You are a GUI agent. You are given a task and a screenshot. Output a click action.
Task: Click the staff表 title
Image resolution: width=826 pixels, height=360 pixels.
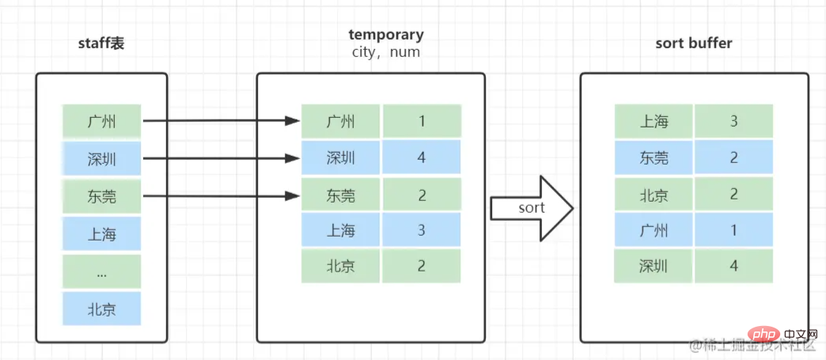pos(101,44)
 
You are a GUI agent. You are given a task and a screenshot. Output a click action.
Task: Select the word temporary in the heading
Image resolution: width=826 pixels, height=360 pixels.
pos(386,36)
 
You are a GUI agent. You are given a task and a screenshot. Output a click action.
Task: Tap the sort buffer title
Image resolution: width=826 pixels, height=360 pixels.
pos(694,44)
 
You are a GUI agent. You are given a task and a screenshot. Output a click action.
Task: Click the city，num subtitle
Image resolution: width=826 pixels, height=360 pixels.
pos(386,52)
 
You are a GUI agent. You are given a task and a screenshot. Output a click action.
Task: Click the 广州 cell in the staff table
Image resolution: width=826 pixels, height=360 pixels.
pos(102,122)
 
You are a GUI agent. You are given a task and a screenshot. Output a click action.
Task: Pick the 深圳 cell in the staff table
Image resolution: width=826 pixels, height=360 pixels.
pos(102,159)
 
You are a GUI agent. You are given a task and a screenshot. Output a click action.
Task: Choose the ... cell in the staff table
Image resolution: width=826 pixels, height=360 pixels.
pos(102,272)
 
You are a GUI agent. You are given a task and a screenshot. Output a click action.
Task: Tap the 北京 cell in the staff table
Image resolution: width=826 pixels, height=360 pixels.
pos(102,309)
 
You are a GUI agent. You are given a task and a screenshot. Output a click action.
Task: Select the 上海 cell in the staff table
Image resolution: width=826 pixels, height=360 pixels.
pos(102,233)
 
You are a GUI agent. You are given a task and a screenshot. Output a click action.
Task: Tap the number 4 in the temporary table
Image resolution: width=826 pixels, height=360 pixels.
pos(422,157)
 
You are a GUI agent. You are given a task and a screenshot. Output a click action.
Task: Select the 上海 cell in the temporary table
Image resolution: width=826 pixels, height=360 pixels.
pos(340,229)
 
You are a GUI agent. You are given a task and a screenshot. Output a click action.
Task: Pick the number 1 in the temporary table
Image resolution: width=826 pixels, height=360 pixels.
pos(422,122)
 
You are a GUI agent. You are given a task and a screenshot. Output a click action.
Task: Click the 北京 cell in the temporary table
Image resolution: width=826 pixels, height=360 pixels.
pos(340,266)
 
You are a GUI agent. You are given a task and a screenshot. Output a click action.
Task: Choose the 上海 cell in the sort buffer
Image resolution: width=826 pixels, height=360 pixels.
pos(654,122)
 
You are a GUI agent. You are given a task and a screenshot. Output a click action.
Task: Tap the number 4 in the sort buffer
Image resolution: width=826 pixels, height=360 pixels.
pos(733,266)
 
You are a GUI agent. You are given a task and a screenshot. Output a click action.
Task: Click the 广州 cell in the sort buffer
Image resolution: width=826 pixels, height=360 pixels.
pos(654,229)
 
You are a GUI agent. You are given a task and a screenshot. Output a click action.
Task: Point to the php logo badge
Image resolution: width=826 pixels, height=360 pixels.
pos(763,335)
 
